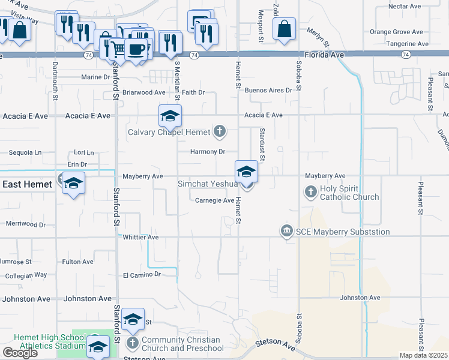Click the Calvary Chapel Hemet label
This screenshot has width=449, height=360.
[169, 132]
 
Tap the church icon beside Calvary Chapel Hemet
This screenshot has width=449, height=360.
[220, 131]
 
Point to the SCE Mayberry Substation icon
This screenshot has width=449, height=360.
[286, 231]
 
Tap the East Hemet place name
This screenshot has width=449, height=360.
[27, 184]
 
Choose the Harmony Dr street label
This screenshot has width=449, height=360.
[207, 152]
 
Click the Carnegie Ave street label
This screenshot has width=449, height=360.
[214, 200]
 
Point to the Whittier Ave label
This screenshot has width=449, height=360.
[140, 238]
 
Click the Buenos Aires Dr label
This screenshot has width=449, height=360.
[268, 91]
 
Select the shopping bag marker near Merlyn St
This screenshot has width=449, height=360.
[283, 29]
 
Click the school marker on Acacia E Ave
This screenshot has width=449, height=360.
[170, 116]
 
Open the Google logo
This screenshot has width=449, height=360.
[20, 352]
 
